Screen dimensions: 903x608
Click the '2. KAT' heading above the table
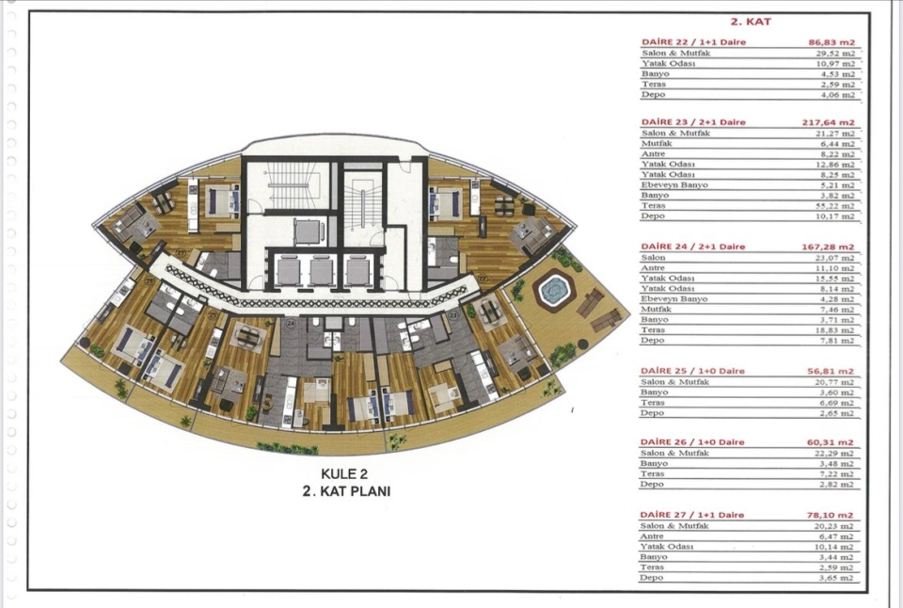pyautogui.click(x=751, y=22)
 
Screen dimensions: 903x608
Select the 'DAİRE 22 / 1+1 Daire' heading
pyautogui.click(x=693, y=42)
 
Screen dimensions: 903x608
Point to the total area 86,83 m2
pyautogui.click(x=832, y=42)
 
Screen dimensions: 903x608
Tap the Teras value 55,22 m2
pyautogui.click(x=837, y=206)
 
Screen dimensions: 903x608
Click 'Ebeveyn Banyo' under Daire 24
pyautogui.click(x=673, y=299)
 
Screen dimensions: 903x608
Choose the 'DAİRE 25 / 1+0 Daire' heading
pyautogui.click(x=692, y=371)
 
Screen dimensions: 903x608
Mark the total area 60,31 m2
pyautogui.click(x=831, y=442)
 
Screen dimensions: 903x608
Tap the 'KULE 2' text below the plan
pyautogui.click(x=344, y=473)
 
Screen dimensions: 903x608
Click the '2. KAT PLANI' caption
pyautogui.click(x=347, y=491)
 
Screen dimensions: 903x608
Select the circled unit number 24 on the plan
pyautogui.click(x=291, y=324)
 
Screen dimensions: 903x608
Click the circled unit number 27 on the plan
pyautogui.click(x=181, y=252)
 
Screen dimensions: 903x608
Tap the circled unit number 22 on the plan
pyautogui.click(x=483, y=279)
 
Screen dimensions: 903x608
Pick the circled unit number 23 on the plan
pyautogui.click(x=453, y=315)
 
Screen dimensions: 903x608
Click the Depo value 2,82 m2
pyautogui.click(x=836, y=485)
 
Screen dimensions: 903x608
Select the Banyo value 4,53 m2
pyautogui.click(x=838, y=74)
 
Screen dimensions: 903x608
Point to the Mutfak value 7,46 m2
pyautogui.click(x=837, y=310)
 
